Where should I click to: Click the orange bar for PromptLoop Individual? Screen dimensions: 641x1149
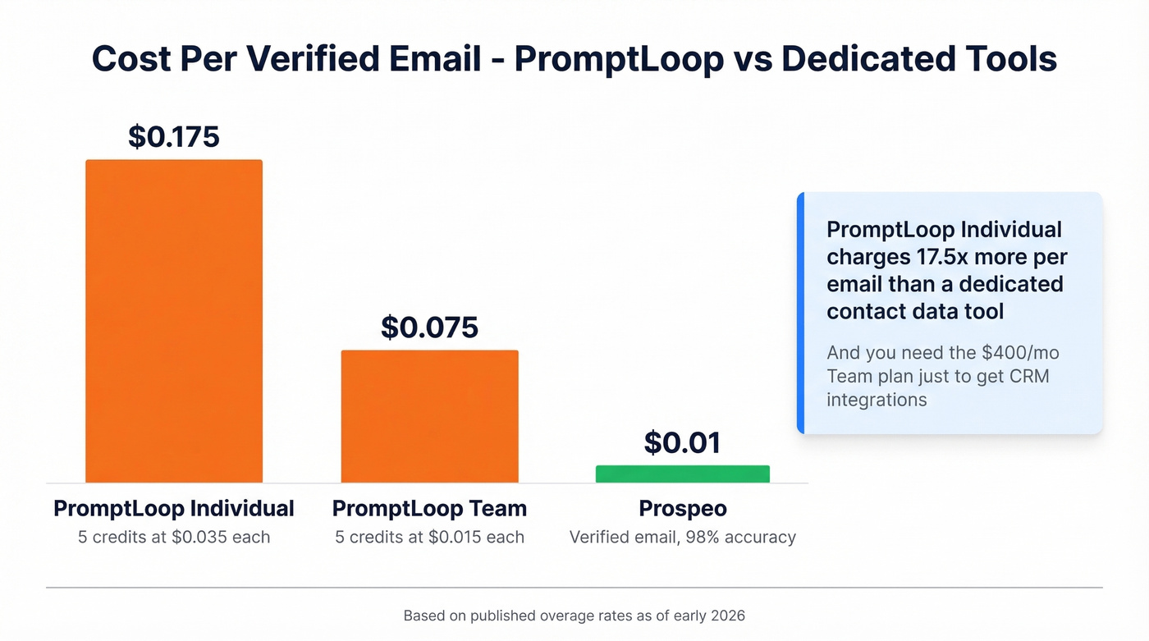pos(174,321)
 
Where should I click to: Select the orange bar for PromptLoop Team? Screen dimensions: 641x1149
pos(429,416)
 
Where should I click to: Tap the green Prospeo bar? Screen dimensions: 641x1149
pos(682,474)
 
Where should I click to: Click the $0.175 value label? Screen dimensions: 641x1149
pos(174,136)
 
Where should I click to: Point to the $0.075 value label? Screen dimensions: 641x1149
pos(429,327)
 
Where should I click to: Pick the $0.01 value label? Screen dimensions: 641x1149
pos(682,442)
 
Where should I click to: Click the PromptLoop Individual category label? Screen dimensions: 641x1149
pos(174,509)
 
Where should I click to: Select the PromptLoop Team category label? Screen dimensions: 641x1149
pos(429,509)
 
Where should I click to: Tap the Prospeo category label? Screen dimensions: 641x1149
pos(682,509)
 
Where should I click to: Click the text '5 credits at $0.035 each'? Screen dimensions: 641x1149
pos(174,538)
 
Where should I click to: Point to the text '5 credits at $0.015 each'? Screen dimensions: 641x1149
pos(429,538)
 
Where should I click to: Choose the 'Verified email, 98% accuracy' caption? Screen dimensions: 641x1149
pos(682,538)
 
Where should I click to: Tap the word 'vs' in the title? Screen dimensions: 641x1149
pos(751,60)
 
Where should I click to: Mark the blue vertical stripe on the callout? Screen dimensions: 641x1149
pos(800,313)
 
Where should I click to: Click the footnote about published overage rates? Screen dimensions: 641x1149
pos(574,616)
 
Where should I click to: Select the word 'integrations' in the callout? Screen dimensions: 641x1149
pos(877,400)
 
